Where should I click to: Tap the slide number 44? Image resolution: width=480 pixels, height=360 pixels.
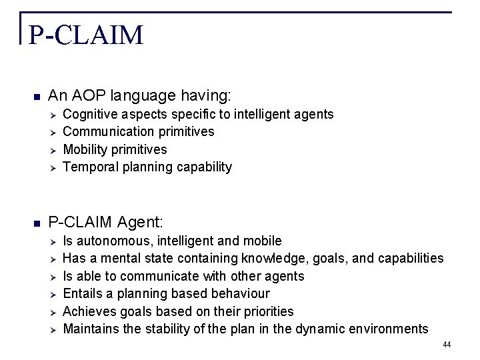(x=446, y=345)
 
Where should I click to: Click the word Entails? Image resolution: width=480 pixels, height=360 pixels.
(x=82, y=293)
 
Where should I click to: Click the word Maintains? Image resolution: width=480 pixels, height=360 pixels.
(x=89, y=329)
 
